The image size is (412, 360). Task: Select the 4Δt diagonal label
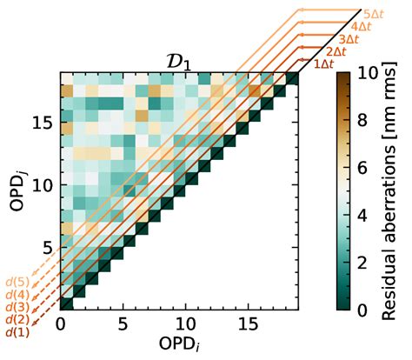362,26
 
